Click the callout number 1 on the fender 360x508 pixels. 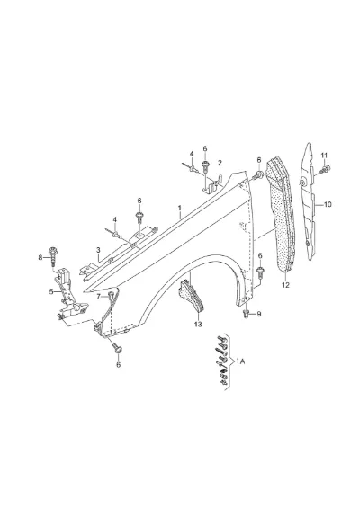(179, 208)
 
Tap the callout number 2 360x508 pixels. (220, 163)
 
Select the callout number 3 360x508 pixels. (98, 250)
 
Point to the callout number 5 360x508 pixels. (51, 291)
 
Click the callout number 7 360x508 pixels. (99, 297)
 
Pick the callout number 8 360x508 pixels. (40, 257)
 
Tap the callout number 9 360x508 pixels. (259, 314)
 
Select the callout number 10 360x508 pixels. (328, 204)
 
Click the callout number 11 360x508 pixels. (324, 156)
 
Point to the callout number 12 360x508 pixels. (285, 285)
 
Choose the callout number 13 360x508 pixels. (198, 324)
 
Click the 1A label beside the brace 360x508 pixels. (240, 361)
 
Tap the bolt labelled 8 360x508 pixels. (52, 256)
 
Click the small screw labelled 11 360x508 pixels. (326, 169)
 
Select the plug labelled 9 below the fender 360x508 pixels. (246, 314)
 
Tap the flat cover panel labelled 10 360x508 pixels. (309, 201)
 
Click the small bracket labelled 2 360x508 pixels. (213, 184)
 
